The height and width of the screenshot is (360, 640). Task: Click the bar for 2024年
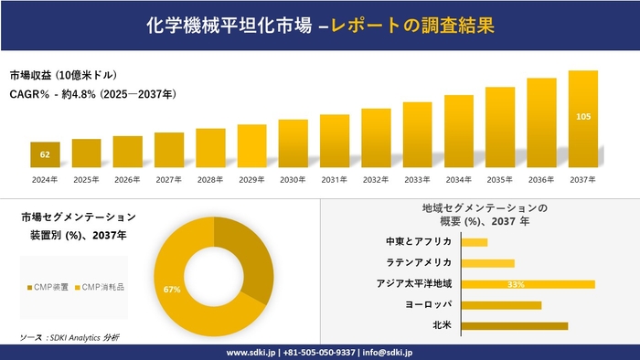click(45, 154)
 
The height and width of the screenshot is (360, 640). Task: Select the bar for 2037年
click(583, 119)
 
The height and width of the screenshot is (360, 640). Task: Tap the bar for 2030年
click(293, 143)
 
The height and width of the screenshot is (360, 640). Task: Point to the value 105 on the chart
click(583, 117)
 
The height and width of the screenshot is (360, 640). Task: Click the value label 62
click(45, 155)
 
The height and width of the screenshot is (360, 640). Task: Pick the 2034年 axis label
click(459, 179)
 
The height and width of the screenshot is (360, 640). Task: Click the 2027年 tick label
click(169, 179)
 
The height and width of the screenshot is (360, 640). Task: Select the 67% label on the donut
click(171, 290)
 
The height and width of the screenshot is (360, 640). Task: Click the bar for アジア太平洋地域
click(528, 284)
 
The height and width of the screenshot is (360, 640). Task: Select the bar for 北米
click(514, 325)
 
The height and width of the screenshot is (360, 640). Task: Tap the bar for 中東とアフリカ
click(475, 242)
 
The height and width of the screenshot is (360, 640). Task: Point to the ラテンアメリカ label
click(419, 263)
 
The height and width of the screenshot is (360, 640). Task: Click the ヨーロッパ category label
click(427, 304)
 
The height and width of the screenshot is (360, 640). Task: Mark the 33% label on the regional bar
click(515, 284)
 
